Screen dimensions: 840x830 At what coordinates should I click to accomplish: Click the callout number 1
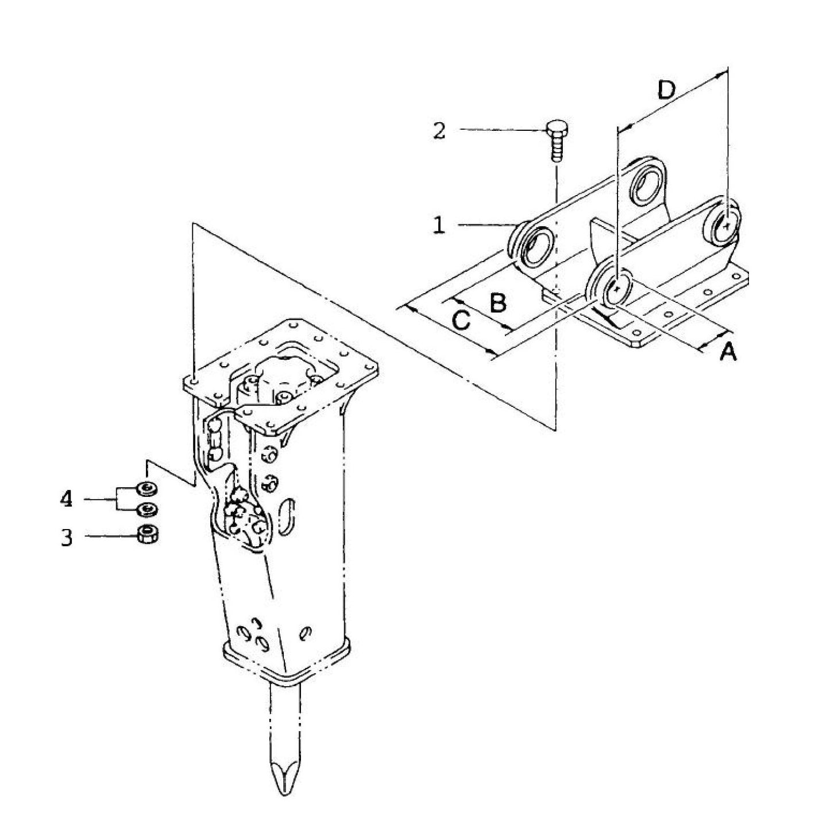pyautogui.click(x=439, y=225)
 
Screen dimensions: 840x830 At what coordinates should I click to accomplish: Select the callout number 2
pyautogui.click(x=439, y=131)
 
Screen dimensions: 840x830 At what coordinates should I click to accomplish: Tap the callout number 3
pyautogui.click(x=67, y=538)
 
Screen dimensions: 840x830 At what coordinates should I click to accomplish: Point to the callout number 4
pyautogui.click(x=67, y=499)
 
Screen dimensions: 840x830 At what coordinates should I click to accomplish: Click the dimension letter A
pyautogui.click(x=728, y=351)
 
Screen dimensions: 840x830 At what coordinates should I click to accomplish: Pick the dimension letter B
pyautogui.click(x=498, y=303)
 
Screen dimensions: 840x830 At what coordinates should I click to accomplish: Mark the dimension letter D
pyautogui.click(x=666, y=91)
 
